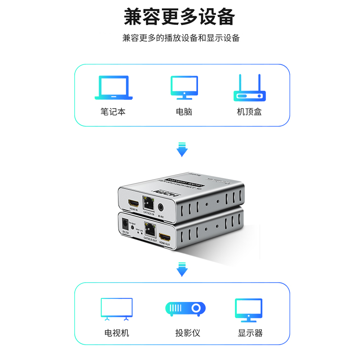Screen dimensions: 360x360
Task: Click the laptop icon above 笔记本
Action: (113, 87)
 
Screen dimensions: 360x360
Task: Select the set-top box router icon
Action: (250, 88)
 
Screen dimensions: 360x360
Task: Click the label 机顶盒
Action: (249, 112)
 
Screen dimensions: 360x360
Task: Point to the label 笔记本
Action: (113, 112)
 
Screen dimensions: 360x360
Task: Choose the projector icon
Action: (185, 309)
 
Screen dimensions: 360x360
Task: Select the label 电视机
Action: (117, 333)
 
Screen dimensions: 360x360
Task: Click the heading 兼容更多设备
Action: (180, 17)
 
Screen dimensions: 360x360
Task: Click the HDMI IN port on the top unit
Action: (134, 203)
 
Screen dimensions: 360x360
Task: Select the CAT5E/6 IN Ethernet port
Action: (148, 203)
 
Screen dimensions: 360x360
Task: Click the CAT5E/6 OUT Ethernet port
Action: (149, 229)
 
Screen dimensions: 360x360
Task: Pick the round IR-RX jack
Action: (161, 207)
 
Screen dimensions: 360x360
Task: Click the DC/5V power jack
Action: (125, 223)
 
